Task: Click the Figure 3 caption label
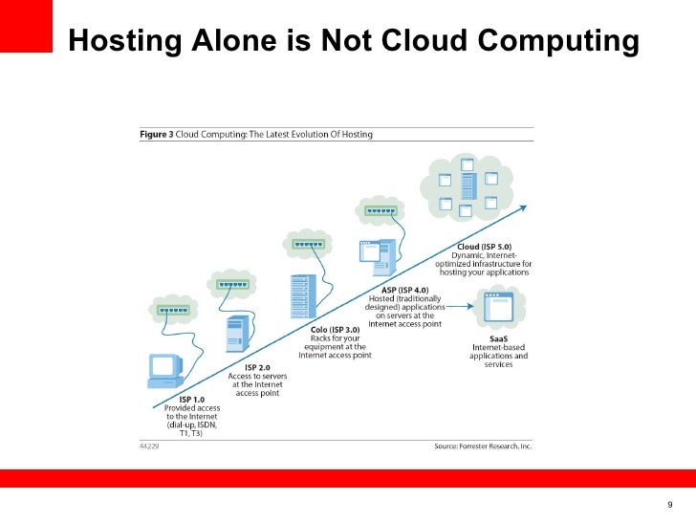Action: [x=159, y=135]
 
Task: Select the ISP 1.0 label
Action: [x=191, y=399]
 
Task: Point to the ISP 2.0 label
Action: [x=256, y=366]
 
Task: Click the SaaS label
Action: [x=497, y=338]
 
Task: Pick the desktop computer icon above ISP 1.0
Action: [x=164, y=371]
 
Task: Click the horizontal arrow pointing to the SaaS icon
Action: [x=456, y=307]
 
